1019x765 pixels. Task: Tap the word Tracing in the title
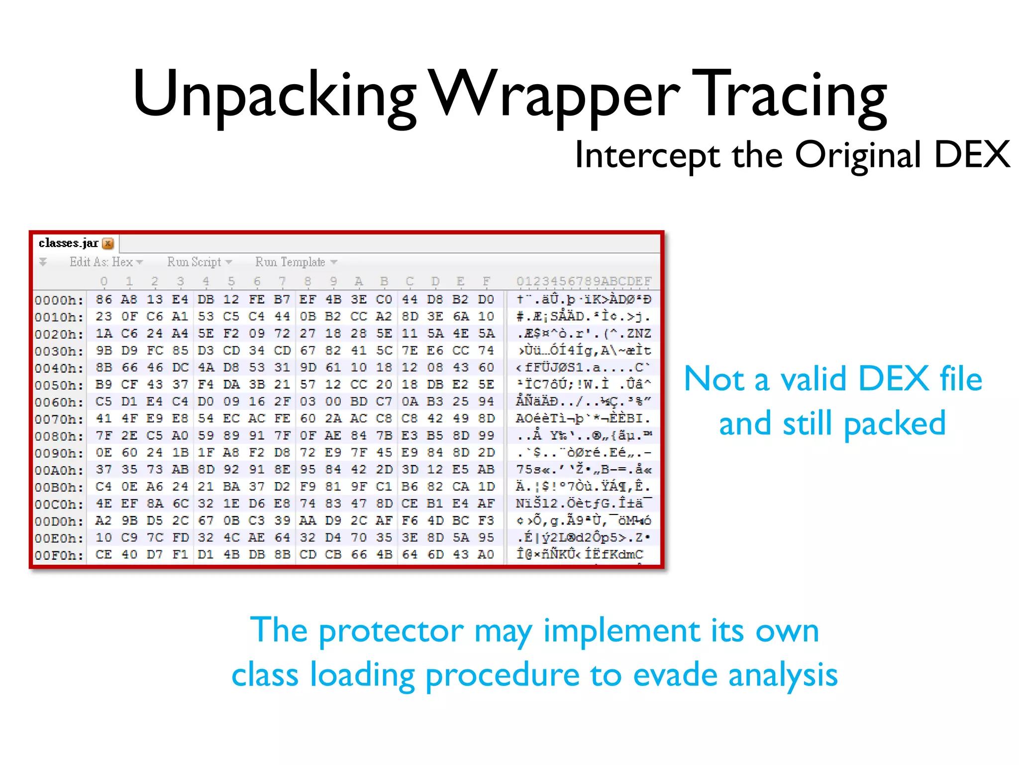789,95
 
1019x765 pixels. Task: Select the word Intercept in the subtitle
647,155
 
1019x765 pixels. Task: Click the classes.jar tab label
69,243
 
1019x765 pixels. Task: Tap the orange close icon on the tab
108,244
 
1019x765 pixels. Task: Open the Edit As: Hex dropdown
106,262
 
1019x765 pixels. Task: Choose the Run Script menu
199,262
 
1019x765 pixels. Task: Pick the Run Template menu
296,262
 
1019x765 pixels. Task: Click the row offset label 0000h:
59,300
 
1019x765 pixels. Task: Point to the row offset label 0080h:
59,436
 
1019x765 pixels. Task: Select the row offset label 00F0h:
59,555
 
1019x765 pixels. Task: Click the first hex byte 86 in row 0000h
103,299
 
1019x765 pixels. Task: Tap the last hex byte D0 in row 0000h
486,299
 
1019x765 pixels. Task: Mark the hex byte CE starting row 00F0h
103,554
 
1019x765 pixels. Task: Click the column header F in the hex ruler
486,281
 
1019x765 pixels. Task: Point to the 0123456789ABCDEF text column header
584,281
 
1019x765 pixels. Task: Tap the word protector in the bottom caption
391,631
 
